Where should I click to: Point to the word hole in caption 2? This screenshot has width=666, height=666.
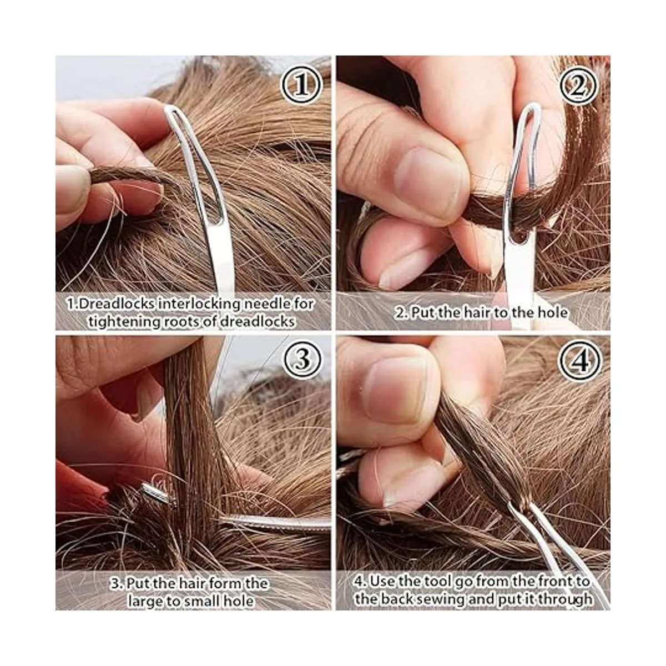pyautogui.click(x=552, y=313)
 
